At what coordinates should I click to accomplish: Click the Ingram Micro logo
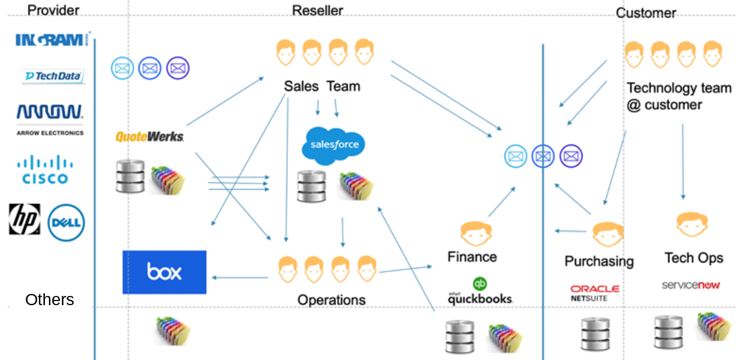click(53, 40)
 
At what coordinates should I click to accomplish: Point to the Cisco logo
click(45, 170)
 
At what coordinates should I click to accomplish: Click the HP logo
click(24, 219)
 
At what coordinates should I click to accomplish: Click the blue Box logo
click(165, 272)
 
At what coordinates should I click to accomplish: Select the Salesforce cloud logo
click(333, 145)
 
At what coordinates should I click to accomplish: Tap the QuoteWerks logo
click(149, 137)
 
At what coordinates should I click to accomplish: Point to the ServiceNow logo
click(690, 285)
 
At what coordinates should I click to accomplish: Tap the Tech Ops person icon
click(692, 225)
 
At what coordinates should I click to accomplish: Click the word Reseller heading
click(317, 11)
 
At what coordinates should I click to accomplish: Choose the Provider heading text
click(54, 11)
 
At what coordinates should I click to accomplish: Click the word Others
click(50, 300)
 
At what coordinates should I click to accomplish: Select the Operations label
click(331, 300)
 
